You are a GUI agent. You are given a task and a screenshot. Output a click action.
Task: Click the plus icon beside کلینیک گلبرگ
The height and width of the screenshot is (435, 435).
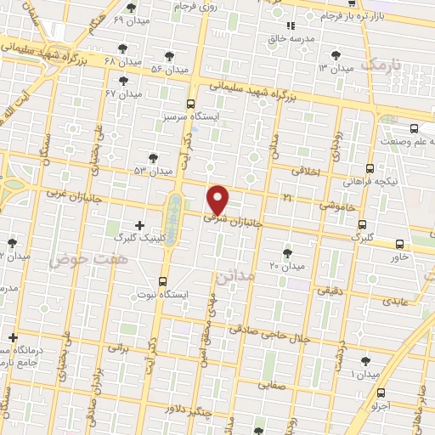[x=139, y=223]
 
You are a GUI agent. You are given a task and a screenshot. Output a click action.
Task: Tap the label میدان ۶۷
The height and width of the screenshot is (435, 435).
[x=122, y=93]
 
